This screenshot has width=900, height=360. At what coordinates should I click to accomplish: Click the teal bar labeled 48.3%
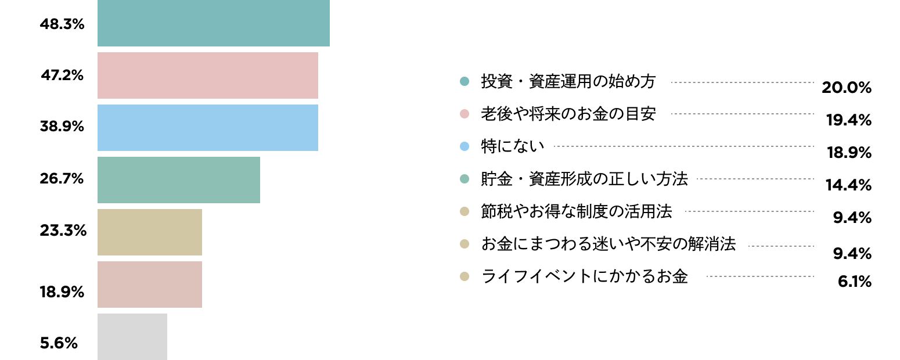(x=213, y=23)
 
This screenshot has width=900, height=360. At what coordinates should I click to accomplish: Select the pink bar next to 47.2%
(x=208, y=75)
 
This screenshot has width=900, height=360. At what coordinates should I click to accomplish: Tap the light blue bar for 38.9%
(x=208, y=128)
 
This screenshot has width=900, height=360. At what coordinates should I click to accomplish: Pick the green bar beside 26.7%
(x=179, y=180)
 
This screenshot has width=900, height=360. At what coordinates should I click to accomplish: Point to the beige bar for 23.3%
(x=150, y=232)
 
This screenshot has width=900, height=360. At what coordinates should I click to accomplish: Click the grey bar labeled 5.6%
(x=132, y=337)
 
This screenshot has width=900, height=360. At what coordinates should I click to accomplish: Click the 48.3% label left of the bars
(x=62, y=24)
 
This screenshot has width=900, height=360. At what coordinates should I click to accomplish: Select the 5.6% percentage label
(x=59, y=343)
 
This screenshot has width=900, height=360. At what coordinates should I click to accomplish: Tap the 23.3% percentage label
(x=63, y=231)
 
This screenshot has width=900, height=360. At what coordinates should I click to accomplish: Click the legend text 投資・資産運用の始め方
(x=568, y=81)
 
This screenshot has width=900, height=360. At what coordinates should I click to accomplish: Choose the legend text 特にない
(x=513, y=146)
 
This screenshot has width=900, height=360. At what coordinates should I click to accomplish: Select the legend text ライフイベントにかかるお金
(x=585, y=276)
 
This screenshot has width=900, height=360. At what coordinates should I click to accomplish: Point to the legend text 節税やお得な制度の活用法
(x=577, y=211)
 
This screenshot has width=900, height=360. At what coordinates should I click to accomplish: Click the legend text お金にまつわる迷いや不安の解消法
(x=609, y=244)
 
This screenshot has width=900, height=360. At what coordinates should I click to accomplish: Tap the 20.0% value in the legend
(x=847, y=88)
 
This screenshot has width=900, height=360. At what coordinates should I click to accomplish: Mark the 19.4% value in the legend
(x=848, y=120)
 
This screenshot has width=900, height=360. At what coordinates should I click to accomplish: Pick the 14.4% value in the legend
(x=848, y=185)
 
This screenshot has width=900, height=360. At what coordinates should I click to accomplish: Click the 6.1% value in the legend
(x=855, y=282)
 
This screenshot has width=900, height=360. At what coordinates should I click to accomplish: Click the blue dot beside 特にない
(x=465, y=146)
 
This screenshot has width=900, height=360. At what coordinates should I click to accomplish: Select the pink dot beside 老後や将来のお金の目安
(x=465, y=114)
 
